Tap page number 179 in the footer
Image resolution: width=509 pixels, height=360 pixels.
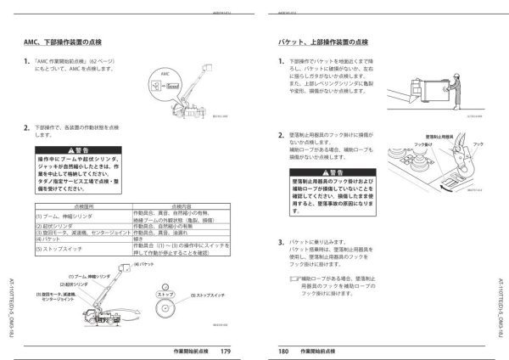click(x=225, y=348)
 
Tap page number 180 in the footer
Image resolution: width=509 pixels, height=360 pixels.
click(x=283, y=348)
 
